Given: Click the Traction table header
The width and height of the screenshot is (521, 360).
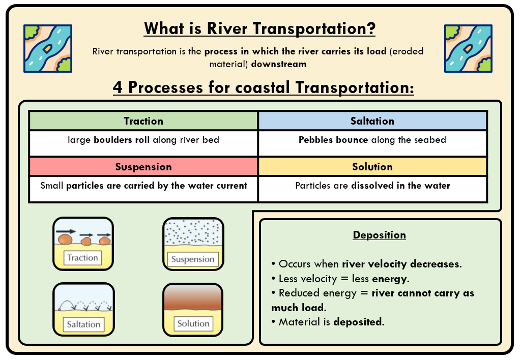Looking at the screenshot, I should [143, 121].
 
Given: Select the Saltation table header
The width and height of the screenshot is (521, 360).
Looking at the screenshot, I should [372, 121].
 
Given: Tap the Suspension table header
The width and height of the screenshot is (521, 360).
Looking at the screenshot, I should [143, 167].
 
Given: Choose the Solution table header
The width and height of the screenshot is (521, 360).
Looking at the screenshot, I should [372, 167].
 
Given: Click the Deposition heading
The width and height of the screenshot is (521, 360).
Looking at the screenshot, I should [380, 235].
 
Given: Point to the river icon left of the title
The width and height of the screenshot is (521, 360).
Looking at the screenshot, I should [47, 48].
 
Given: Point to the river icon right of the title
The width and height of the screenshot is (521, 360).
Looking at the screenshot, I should [468, 48].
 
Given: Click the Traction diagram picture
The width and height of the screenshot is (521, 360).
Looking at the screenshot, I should [83, 244].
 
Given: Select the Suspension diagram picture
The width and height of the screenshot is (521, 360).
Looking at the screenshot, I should [193, 244].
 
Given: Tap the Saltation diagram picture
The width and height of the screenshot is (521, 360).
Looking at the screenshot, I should [83, 309].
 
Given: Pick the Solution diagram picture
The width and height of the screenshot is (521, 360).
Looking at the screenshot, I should [193, 309].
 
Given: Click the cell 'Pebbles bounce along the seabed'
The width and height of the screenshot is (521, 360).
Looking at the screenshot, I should [372, 140].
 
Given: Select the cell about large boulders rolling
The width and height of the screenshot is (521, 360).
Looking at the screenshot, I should [143, 140].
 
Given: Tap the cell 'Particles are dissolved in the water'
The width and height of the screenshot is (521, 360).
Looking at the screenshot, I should [372, 186].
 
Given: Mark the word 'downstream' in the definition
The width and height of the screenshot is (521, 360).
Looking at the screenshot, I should [279, 64].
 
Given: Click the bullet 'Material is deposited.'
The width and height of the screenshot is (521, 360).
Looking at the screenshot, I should [328, 322].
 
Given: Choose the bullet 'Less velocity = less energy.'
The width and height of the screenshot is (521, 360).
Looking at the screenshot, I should [340, 279].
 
